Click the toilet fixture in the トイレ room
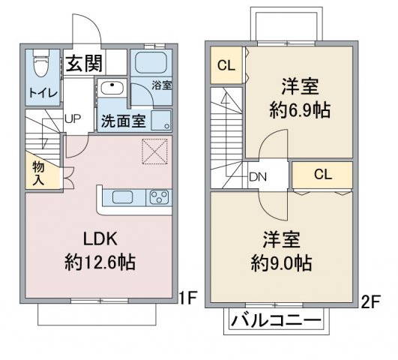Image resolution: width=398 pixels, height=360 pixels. coord(40,63)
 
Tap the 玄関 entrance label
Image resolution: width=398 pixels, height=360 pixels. coord(84,63)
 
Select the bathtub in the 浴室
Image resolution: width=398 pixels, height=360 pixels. coord(151,63)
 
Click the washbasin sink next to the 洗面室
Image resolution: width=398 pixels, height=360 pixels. coord(112,88)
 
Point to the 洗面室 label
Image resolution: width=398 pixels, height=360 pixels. coord(124,121)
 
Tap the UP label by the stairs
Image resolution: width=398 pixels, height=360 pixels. coord(73,118)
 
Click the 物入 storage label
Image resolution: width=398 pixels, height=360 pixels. coord(38,173)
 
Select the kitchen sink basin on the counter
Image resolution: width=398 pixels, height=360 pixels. coord(123,197)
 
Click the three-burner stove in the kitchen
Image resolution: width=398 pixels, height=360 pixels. coord(159,197)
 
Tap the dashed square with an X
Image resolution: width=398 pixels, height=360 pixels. coord(154,151)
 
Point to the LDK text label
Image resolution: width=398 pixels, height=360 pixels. coord(100,238)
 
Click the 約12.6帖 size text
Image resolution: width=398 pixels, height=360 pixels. coord(100,262)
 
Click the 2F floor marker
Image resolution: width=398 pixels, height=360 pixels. coord(370,301)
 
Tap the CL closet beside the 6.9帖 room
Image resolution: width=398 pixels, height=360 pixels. coord(226,65)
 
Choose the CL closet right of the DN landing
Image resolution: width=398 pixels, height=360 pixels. coord(322,175)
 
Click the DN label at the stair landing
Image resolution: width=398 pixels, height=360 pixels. coord(258,177)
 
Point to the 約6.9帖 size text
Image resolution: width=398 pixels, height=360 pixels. coord(300,110)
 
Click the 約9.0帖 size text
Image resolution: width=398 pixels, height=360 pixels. coord(281,263)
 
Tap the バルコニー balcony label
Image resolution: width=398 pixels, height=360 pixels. coord(276,321)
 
